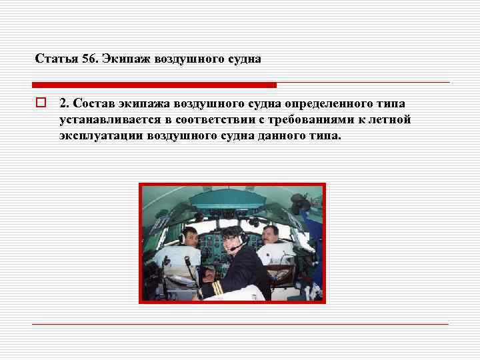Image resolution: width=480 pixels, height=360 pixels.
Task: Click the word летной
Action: tap(393, 120)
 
